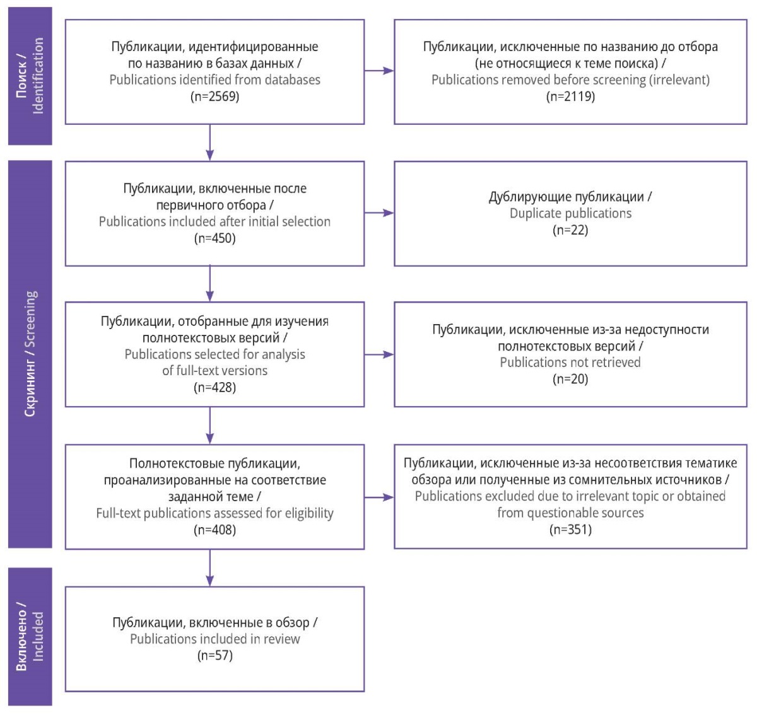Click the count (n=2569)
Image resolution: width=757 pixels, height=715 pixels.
point(214,96)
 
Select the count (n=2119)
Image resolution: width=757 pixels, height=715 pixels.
point(570,96)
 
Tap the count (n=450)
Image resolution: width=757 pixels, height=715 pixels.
point(214,238)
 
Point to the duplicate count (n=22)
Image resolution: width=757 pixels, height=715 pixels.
point(570,230)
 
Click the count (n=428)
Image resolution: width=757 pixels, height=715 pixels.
point(214,387)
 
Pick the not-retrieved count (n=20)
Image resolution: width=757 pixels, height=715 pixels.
point(570,379)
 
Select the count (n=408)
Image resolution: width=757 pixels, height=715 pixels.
point(214,530)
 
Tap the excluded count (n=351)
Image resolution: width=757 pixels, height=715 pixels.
point(570,530)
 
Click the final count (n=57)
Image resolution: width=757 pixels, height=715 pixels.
point(214,655)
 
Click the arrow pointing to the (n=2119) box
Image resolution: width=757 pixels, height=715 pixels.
point(379,71)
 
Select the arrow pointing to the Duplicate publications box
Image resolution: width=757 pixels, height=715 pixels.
point(379,212)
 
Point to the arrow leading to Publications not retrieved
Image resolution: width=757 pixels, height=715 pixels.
point(379,354)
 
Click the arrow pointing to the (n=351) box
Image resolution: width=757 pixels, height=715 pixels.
point(379,497)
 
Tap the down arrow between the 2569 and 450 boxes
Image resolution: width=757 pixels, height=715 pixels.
point(209,142)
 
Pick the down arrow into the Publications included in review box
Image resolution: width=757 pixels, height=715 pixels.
point(209,567)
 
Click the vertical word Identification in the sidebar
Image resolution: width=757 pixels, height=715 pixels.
point(38,76)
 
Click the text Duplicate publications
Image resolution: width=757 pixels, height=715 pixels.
point(570,214)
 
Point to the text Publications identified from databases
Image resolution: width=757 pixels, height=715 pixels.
point(214,79)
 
